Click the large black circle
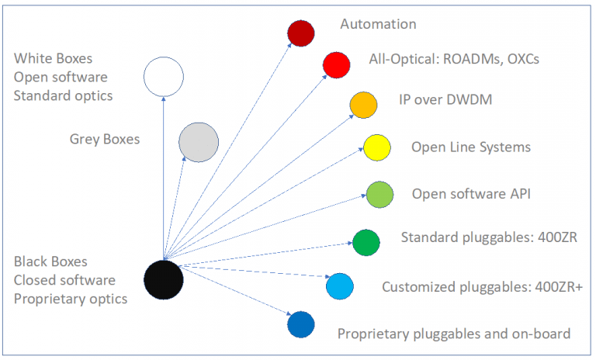tap(164, 279)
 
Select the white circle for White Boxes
tap(164, 77)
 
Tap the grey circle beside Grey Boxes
tap(198, 142)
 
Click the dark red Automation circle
tap(300, 33)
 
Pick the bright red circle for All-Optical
tap(336, 64)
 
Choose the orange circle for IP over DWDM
tap(363, 105)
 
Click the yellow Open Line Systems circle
tap(376, 147)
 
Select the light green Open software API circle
tap(379, 193)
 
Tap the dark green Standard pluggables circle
tap(366, 242)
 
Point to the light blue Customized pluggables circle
tap(340, 286)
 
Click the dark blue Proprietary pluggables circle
tap(300, 324)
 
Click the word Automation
tap(378, 24)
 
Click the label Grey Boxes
tap(105, 140)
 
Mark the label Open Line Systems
tap(471, 147)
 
